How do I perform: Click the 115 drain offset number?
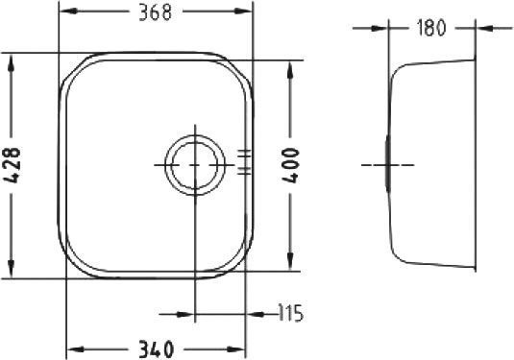click(x=289, y=313)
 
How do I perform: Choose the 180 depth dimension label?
click(x=431, y=28)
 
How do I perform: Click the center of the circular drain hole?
click(x=194, y=165)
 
